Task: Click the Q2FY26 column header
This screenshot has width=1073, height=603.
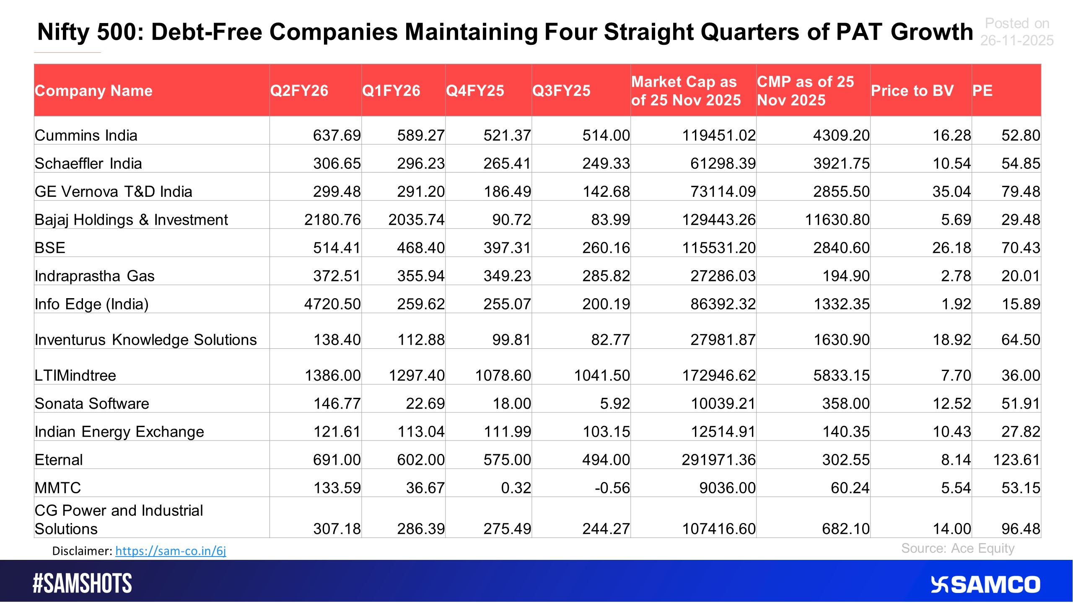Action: (299, 91)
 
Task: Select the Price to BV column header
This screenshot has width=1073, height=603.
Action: (912, 91)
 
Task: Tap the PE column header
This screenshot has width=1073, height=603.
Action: (982, 91)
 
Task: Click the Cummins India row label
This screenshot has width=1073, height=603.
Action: (86, 136)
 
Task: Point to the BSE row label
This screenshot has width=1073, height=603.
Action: (50, 248)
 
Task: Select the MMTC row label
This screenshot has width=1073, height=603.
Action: (58, 488)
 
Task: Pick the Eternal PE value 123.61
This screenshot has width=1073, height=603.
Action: (1016, 460)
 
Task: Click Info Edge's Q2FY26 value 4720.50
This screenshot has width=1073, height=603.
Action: (332, 304)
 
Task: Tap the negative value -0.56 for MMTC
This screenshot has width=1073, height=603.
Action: (612, 488)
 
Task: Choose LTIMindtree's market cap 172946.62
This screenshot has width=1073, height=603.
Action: (718, 376)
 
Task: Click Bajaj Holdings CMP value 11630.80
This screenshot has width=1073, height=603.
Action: (837, 220)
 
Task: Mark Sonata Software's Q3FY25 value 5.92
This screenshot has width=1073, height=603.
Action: (614, 404)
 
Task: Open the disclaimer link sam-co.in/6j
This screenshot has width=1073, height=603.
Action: (171, 551)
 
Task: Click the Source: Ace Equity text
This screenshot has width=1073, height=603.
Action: (958, 549)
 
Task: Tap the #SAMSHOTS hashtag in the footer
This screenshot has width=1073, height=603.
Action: (83, 584)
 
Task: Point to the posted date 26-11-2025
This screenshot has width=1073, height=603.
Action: (1017, 41)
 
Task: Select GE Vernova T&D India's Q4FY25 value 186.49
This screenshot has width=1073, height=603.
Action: (507, 192)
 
